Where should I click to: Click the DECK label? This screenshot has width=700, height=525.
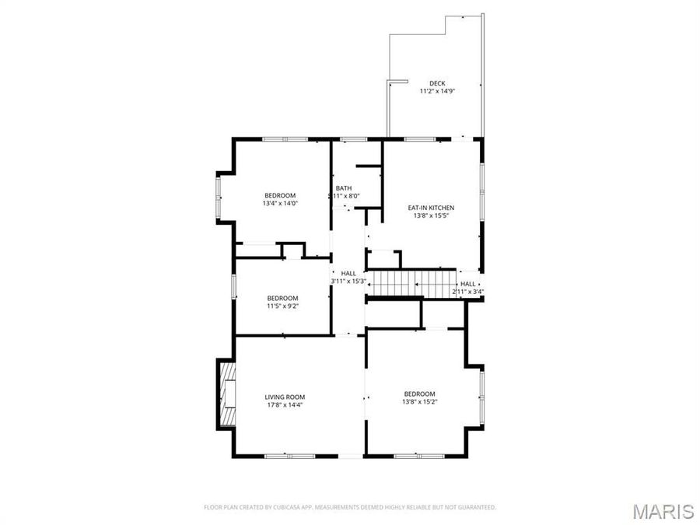point(437,83)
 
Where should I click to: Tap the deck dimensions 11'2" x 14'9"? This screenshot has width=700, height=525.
point(437,91)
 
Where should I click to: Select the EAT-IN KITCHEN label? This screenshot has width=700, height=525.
point(431,208)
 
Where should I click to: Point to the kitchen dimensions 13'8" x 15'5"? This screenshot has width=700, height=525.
point(431,215)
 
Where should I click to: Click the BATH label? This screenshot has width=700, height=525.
point(344,188)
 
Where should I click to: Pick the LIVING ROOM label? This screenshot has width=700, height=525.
point(282,397)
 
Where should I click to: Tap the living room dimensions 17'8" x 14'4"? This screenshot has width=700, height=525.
point(282,404)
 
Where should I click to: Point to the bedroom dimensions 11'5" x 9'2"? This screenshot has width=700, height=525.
point(282,306)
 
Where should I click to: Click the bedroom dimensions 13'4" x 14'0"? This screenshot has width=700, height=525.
point(280,203)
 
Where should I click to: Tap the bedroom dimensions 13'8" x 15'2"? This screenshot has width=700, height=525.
point(419,401)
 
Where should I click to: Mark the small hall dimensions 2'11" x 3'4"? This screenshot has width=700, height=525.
point(468,292)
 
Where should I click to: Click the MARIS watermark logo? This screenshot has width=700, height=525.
point(663,511)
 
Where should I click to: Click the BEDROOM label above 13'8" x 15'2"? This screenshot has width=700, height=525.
point(419,394)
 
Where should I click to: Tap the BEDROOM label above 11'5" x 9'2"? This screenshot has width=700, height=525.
point(282,298)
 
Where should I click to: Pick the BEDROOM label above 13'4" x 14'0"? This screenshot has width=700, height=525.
point(280,195)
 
